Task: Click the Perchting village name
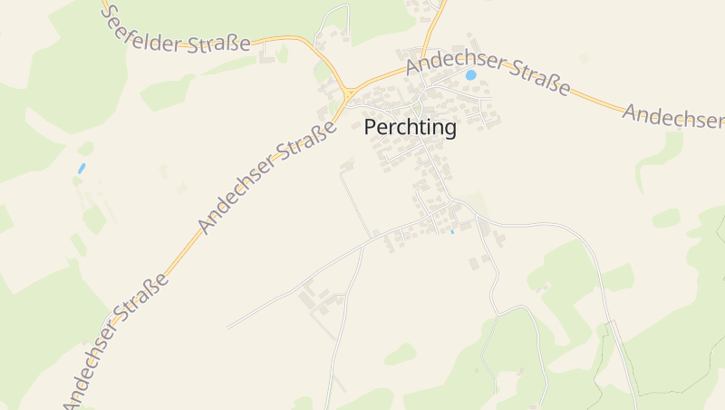point(410,128)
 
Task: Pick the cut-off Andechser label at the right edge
point(673,115)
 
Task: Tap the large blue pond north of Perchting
point(471,75)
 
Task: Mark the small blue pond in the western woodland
point(82,168)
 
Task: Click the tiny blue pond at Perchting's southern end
point(451,232)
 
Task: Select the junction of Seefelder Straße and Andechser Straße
point(349,93)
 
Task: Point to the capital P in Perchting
point(371,128)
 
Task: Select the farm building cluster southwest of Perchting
point(319,299)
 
